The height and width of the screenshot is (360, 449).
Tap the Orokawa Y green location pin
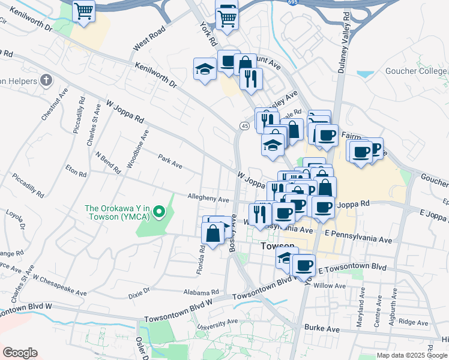pyautogui.click(x=159, y=211)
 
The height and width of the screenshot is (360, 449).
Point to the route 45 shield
pyautogui.click(x=244, y=125)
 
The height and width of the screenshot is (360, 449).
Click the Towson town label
pyautogui.click(x=278, y=247)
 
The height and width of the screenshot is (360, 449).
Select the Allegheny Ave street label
pyautogui.click(x=208, y=199)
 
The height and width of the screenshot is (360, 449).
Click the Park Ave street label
pyautogui.click(x=170, y=162)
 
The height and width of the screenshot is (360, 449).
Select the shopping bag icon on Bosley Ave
pyautogui.click(x=213, y=232)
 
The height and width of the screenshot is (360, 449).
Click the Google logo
pyautogui.click(x=20, y=353)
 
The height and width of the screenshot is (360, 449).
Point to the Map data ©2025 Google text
pyautogui.click(x=411, y=355)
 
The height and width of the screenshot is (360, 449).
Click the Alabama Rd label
pyautogui.click(x=200, y=292)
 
